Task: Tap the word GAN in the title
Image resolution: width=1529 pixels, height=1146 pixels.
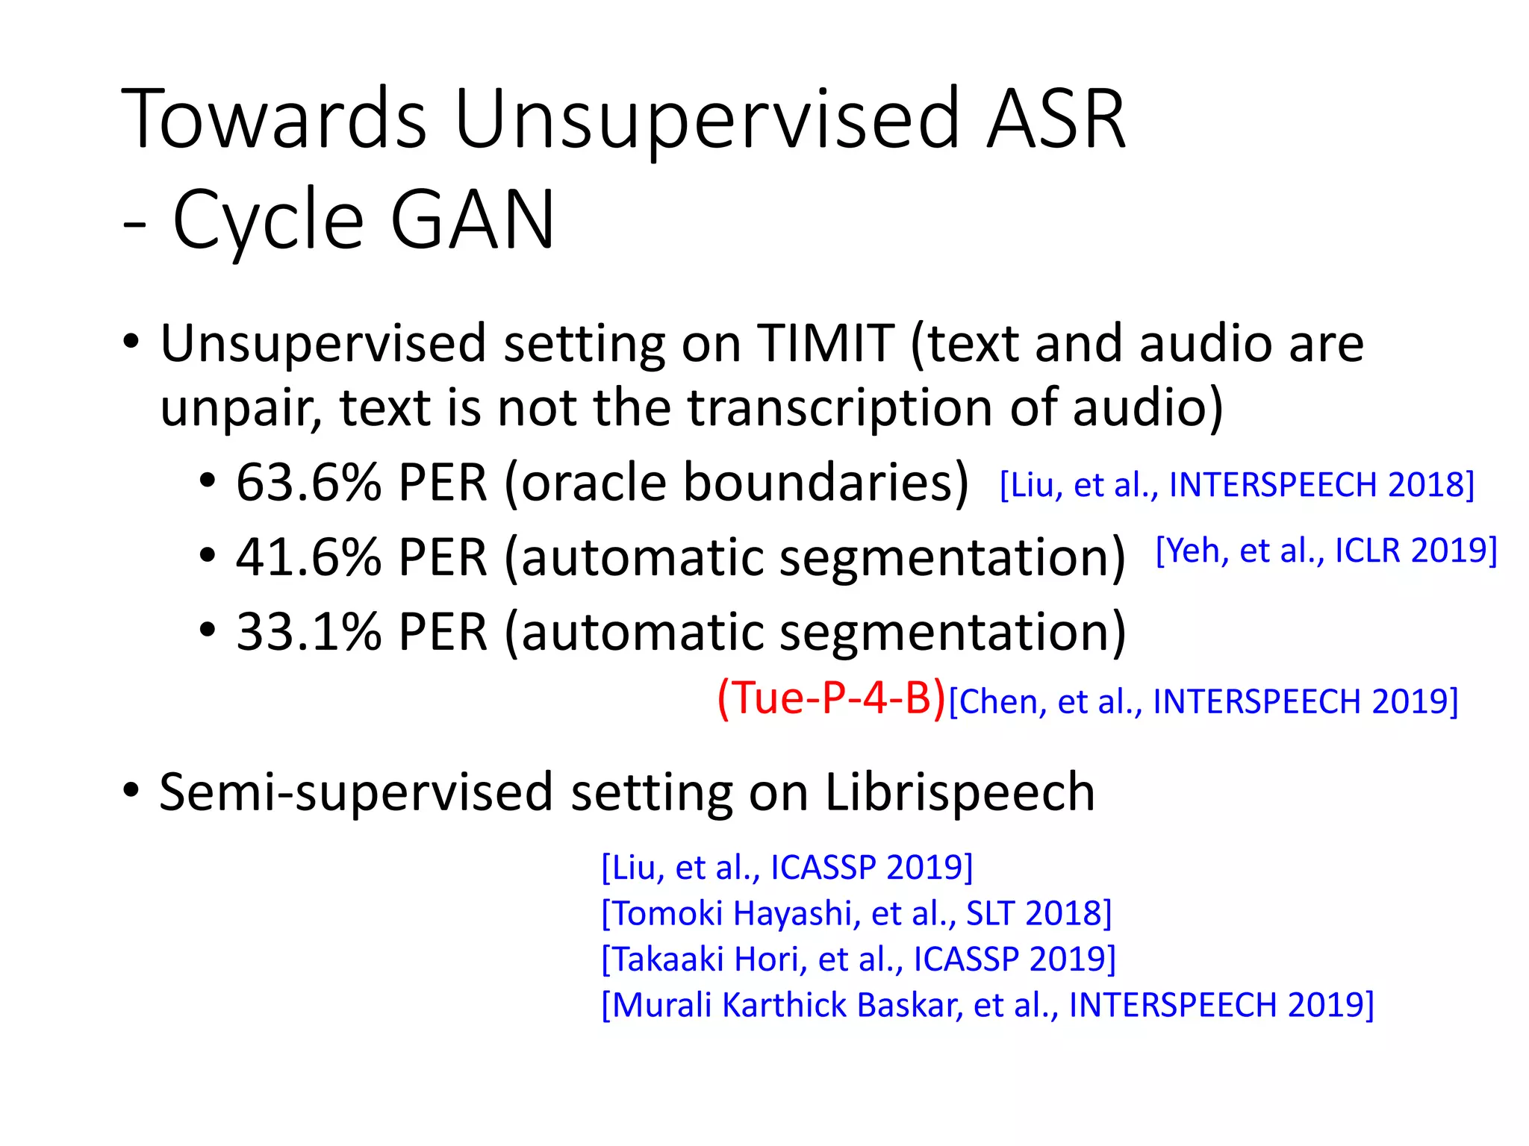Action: point(472,220)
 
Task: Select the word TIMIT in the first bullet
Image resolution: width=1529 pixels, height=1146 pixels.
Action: point(825,344)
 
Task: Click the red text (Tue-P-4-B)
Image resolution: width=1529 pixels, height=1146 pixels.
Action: point(831,699)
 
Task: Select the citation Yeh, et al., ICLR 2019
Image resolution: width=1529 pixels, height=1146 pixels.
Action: point(1326,551)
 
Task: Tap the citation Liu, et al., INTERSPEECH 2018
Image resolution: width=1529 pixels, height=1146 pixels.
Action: point(1236,485)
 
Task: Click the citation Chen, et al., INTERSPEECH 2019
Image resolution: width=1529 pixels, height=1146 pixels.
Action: point(1203,702)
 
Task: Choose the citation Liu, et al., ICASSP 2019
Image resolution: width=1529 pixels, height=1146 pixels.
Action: point(787,868)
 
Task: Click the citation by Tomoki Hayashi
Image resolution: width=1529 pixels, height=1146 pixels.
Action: point(856,913)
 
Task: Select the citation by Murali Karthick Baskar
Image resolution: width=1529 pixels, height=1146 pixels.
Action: point(987,1005)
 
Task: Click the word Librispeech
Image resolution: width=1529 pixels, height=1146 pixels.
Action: point(959,792)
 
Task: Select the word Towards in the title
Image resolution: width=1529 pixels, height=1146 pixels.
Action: point(273,119)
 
